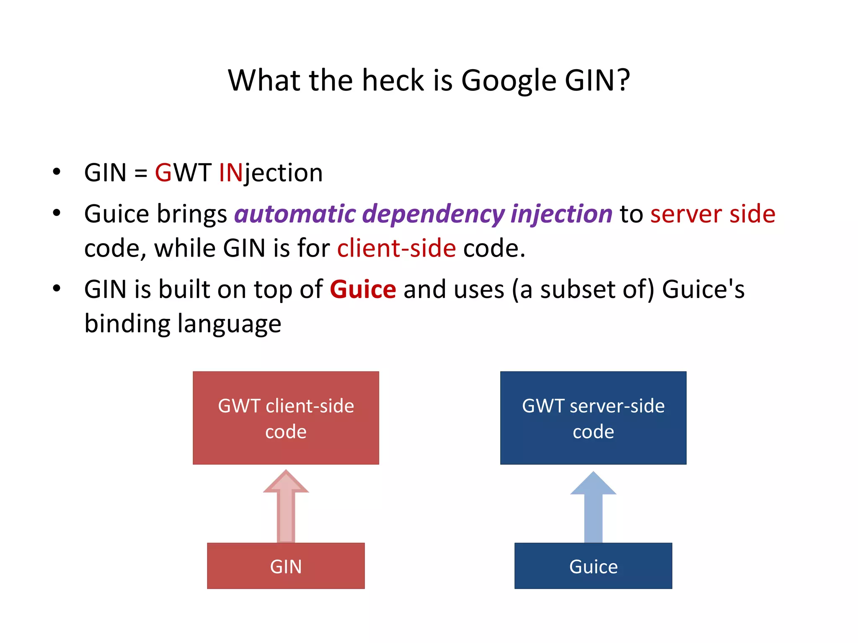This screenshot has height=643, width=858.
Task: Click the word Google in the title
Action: point(509,80)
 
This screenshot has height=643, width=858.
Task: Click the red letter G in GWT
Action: point(163,172)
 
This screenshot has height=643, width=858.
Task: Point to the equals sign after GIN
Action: point(141,173)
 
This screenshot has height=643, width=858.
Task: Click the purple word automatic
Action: point(295,214)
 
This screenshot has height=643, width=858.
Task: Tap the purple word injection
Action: point(561,214)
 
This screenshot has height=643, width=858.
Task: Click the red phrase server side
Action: point(713,214)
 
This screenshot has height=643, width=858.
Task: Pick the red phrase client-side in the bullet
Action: point(396,248)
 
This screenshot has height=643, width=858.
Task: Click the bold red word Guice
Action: point(363,290)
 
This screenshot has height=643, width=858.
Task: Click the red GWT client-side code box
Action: point(286,418)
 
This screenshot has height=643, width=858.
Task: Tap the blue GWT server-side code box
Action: point(593,418)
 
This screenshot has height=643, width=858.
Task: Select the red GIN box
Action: point(286,566)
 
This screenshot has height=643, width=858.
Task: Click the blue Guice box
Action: point(593,566)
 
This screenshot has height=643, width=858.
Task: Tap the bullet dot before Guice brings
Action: point(57,213)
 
